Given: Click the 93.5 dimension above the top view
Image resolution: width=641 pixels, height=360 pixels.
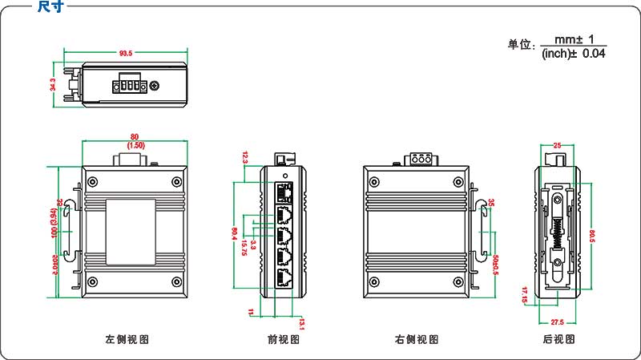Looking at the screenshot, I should click(x=126, y=54).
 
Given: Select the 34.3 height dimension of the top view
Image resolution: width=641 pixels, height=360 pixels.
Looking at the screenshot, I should click(x=54, y=84).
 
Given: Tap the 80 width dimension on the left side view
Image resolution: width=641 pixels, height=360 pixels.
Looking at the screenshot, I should click(x=135, y=136).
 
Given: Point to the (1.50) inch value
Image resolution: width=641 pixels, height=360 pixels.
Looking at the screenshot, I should click(x=135, y=146).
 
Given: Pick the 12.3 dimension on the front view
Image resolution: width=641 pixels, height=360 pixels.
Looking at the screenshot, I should click(x=245, y=158).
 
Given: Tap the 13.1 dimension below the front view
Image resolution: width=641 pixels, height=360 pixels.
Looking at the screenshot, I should click(x=301, y=322).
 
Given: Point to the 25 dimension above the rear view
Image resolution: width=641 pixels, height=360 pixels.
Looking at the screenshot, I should click(x=557, y=145).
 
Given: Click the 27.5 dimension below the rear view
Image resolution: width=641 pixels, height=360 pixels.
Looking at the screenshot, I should click(x=558, y=322).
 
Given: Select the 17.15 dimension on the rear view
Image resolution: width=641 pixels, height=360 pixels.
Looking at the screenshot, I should click(x=524, y=294).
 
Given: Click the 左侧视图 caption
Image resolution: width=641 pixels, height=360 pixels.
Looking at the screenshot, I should click(x=127, y=339).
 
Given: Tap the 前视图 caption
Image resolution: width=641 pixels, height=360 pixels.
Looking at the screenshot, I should click(x=283, y=339).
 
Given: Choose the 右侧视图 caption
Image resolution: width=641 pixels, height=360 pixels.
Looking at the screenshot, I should click(x=417, y=339).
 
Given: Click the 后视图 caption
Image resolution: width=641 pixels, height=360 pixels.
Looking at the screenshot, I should click(x=558, y=339).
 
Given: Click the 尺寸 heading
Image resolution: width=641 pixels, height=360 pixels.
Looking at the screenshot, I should click(x=50, y=6).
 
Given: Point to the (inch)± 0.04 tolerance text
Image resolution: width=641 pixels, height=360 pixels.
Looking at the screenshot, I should click(x=574, y=54).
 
